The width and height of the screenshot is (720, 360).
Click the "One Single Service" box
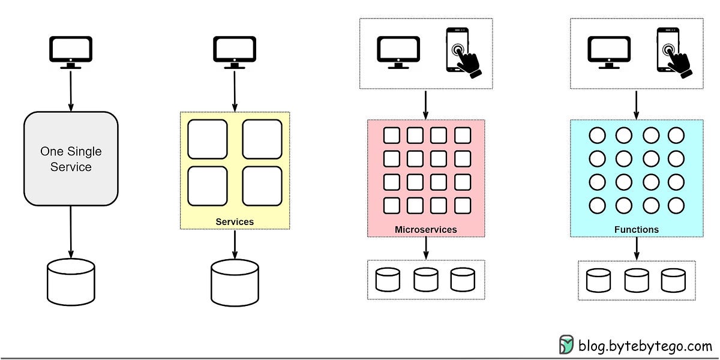pyautogui.click(x=71, y=158)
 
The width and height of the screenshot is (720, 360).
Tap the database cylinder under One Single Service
pyautogui.click(x=71, y=281)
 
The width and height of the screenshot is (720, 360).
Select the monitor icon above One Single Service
pyautogui.click(x=71, y=52)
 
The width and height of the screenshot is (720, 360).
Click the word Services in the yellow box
pyautogui.click(x=235, y=222)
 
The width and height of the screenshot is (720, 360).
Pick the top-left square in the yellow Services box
pyautogui.click(x=208, y=139)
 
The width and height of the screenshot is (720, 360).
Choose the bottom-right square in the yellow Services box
pyautogui.click(x=262, y=185)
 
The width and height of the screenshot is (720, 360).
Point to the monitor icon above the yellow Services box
pyautogui.click(x=235, y=52)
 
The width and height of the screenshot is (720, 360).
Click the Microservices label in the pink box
pyautogui.click(x=426, y=230)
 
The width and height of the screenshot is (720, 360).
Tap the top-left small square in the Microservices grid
pyautogui.click(x=392, y=135)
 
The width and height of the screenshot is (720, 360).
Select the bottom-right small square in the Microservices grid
pyautogui.click(x=462, y=205)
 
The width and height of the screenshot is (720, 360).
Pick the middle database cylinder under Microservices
pyautogui.click(x=425, y=280)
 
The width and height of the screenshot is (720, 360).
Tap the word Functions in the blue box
pyautogui.click(x=637, y=230)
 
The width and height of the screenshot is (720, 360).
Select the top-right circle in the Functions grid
pyautogui.click(x=676, y=135)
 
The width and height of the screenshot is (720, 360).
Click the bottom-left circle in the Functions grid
pyautogui.click(x=597, y=205)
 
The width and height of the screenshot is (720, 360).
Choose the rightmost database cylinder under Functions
pyautogui.click(x=673, y=280)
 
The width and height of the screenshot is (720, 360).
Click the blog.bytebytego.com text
pyautogui.click(x=644, y=346)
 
